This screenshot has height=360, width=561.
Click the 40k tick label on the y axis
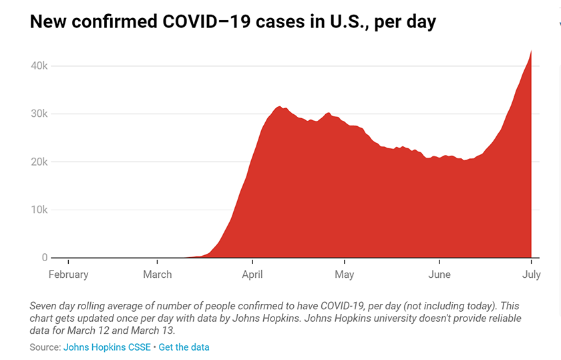(x=37, y=66)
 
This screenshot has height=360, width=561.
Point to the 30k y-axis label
(x=37, y=114)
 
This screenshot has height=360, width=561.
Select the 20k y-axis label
(x=37, y=162)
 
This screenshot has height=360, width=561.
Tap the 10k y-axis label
(x=37, y=210)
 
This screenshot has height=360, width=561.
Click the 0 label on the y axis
(x=45, y=257)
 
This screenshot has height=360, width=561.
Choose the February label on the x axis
(x=68, y=275)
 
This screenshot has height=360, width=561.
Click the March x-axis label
(x=158, y=275)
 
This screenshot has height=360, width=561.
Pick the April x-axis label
(x=252, y=275)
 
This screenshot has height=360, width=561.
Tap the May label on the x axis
(x=344, y=275)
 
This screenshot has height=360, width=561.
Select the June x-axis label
(x=439, y=275)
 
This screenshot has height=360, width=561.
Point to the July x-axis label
(x=531, y=275)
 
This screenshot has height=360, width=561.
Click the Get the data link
(x=184, y=347)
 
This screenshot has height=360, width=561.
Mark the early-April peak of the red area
(x=279, y=107)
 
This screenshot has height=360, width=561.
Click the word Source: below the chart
(x=45, y=347)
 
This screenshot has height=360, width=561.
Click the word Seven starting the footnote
(x=44, y=305)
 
